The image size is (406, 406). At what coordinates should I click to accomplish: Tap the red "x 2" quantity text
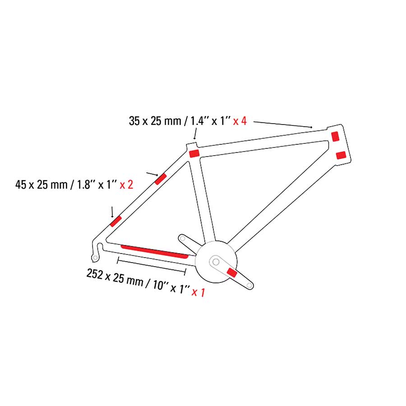click(x=126, y=185)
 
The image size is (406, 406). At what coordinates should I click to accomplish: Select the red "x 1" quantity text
click(x=198, y=292)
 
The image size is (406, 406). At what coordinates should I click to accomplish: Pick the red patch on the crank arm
click(x=232, y=272)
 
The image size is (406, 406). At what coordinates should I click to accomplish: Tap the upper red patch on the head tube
click(x=336, y=136)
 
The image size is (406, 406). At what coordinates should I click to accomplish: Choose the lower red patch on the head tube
click(x=341, y=155)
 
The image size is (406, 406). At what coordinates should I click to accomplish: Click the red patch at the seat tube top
click(x=194, y=153)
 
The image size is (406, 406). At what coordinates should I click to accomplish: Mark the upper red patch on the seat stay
click(x=160, y=179)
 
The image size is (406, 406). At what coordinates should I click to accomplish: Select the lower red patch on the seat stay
click(x=116, y=221)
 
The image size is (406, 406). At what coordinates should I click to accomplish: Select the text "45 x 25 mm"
click(x=41, y=185)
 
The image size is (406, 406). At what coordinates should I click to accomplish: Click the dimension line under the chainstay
click(x=152, y=266)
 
